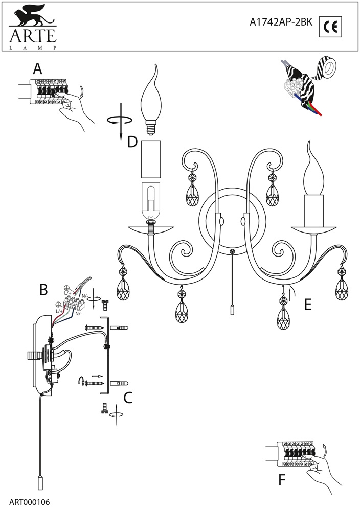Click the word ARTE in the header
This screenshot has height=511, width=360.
[x=31, y=36]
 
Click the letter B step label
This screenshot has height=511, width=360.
[x=44, y=290]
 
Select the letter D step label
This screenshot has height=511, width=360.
[x=132, y=142]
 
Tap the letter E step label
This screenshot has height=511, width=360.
[x=307, y=305]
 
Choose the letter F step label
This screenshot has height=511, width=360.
[x=282, y=480]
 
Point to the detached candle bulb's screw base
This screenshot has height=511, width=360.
[x=151, y=125]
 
